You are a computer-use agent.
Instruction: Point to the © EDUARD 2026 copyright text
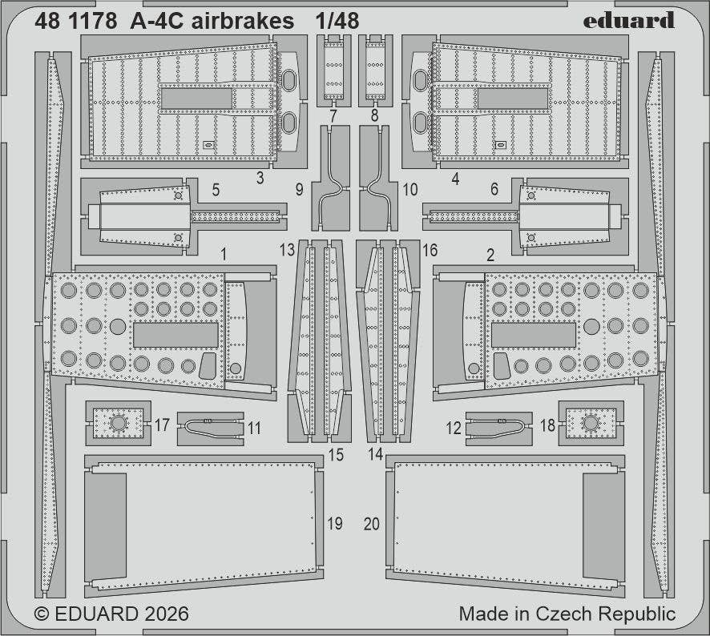click(111, 614)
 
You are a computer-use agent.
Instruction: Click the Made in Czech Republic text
click(567, 614)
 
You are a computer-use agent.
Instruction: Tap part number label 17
click(162, 425)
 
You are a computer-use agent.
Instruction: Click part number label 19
click(335, 523)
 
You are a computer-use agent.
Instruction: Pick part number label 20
click(372, 524)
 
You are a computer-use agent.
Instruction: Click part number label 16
click(430, 250)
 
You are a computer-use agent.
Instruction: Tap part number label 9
click(298, 191)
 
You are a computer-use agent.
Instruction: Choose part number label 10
click(410, 191)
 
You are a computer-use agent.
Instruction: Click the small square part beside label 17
click(118, 423)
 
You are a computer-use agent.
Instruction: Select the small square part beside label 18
click(591, 423)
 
